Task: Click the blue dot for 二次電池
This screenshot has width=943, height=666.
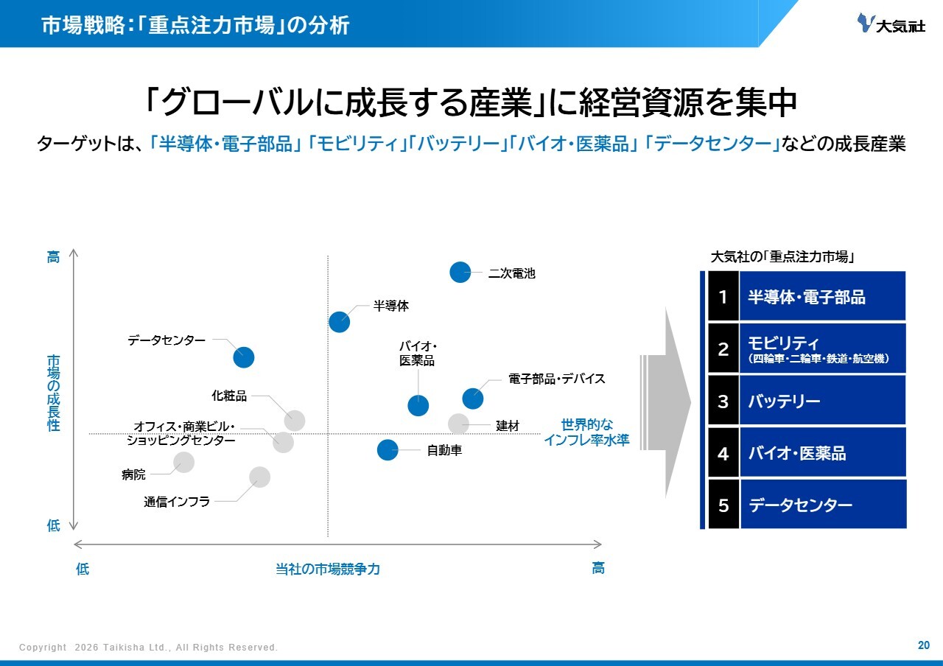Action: click(x=460, y=272)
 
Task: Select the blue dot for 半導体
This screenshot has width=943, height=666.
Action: click(x=340, y=321)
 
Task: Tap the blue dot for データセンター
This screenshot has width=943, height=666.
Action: click(x=244, y=357)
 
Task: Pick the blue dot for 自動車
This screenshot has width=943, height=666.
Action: click(x=388, y=449)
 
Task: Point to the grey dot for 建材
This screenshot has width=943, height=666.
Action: click(x=458, y=424)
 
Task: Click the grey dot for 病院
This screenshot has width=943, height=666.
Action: click(x=183, y=462)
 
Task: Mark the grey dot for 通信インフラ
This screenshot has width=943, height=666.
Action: click(x=259, y=477)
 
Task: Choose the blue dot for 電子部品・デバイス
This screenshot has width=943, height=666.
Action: click(x=473, y=399)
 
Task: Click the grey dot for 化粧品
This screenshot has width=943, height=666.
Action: click(x=294, y=421)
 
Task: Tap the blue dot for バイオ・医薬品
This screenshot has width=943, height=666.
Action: click(x=418, y=405)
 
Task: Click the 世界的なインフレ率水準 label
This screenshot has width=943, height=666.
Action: click(x=586, y=432)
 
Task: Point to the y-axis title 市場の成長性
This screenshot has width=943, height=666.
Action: click(x=54, y=393)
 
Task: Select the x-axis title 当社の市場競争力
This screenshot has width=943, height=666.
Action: click(x=328, y=569)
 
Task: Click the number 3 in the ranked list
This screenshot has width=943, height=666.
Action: click(x=723, y=402)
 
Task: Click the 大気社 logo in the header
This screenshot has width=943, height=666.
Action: click(x=891, y=24)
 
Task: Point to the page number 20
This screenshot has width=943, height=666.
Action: click(x=923, y=645)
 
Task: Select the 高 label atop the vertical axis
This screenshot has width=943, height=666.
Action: click(x=54, y=257)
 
